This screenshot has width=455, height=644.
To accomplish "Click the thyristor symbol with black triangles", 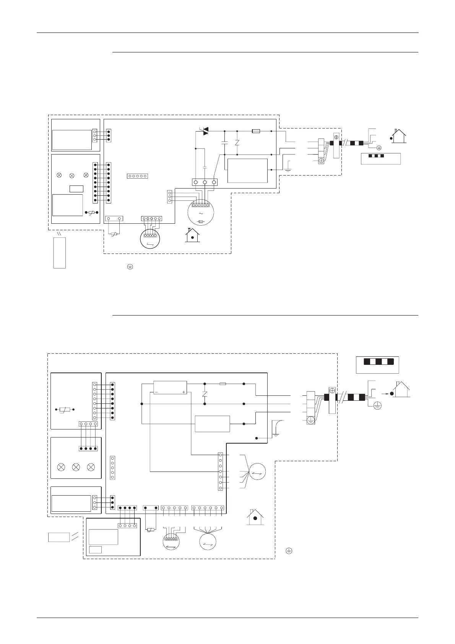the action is click(205, 131).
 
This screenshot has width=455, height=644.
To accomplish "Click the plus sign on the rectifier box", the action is click(184, 392).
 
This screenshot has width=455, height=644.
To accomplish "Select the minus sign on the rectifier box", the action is click(156, 392).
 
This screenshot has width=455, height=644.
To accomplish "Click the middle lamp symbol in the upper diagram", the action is click(72, 175).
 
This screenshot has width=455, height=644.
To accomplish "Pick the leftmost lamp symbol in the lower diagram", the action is click(60, 467).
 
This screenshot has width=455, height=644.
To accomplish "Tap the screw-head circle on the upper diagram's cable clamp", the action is click(337, 137).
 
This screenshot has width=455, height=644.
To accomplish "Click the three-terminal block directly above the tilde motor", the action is click(205, 182).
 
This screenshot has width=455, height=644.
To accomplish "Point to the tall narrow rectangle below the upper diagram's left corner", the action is click(59, 252).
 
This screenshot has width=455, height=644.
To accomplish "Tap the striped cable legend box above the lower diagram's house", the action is click(377, 365).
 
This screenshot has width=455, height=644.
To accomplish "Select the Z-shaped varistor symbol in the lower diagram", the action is click(205, 394).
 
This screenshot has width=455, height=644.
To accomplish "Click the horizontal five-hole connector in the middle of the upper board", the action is click(137, 176).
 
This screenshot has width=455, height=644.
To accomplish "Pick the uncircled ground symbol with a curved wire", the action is click(276, 428).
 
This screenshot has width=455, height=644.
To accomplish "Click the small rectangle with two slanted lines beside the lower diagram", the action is click(59, 537).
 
